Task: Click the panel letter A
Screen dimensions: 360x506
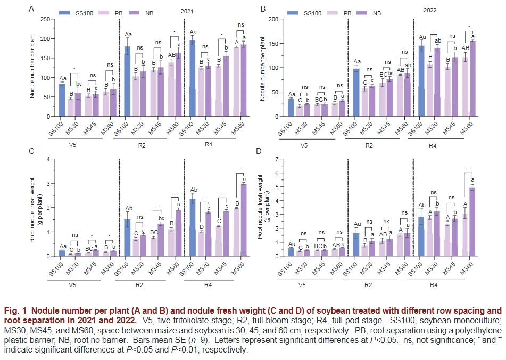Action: (x=31, y=9)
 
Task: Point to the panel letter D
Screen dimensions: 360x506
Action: (x=259, y=151)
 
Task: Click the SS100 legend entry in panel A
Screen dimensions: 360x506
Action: (x=77, y=13)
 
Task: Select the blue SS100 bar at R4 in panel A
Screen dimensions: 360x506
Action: (x=192, y=78)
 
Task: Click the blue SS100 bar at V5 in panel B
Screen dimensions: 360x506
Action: (x=291, y=108)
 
